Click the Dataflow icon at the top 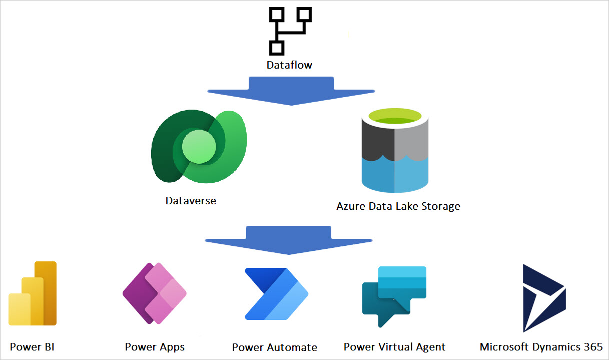pos(289,31)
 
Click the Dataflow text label pos(289,65)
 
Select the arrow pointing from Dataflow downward pos(291,91)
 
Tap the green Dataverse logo pos(199,146)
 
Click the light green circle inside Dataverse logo pos(199,147)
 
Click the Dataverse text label pos(191,201)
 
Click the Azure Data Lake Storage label pos(398,206)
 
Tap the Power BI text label pos(32,346)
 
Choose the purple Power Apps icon pos(155,293)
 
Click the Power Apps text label pos(155,346)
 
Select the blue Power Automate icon pos(276,294)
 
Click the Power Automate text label pos(274,347)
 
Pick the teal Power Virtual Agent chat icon pos(394,295)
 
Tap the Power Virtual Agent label pos(394,346)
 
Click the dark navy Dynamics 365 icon pos(543,298)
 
